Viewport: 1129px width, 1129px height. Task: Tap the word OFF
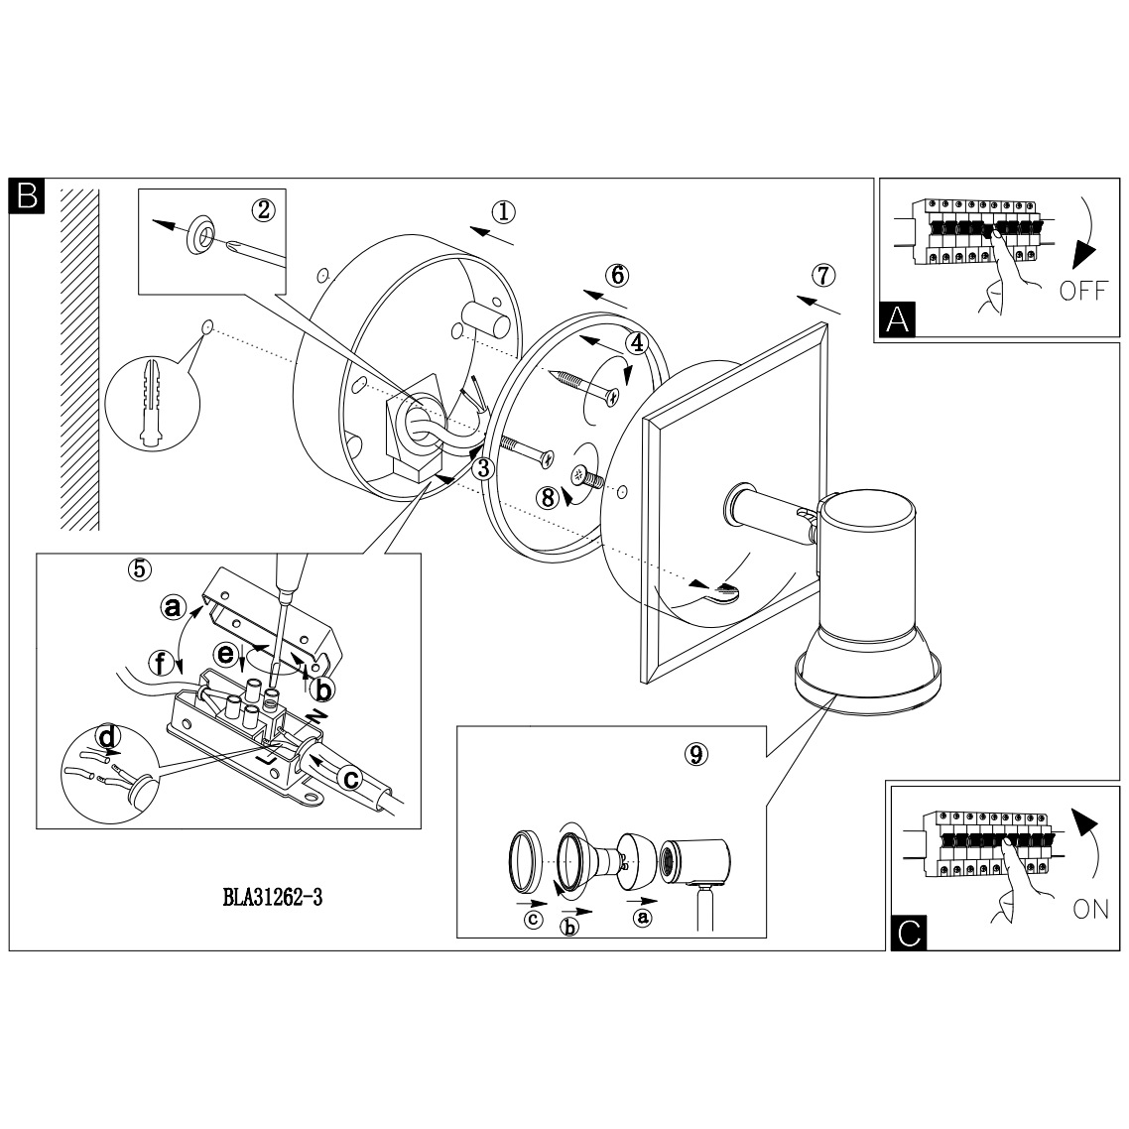tap(1082, 292)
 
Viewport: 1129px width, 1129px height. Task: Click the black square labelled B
tap(27, 195)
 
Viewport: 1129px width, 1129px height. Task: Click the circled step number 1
tap(505, 212)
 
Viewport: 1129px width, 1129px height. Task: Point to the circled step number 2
tap(263, 209)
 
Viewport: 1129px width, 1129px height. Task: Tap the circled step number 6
tap(617, 274)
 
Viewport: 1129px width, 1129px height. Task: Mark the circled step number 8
tap(547, 498)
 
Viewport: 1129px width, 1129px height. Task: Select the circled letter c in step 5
tap(349, 780)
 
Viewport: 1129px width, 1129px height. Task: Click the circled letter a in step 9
tap(643, 918)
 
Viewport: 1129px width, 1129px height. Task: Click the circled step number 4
tap(636, 342)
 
